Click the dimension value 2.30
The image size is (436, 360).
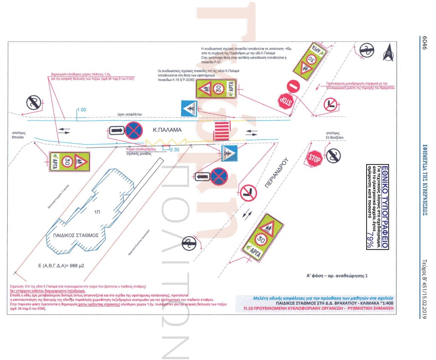point(175,150)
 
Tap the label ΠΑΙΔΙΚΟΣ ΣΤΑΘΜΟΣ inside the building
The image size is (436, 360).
point(76,235)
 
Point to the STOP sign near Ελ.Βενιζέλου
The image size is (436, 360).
point(315,158)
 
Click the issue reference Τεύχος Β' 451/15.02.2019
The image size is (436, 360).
point(425,288)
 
